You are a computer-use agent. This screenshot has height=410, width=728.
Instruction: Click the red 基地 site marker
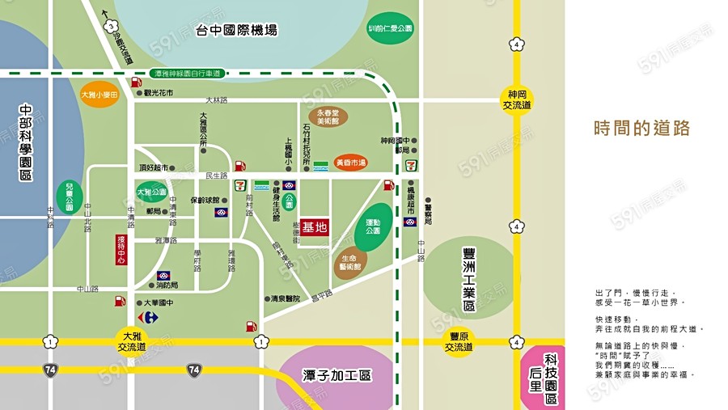tap(315, 228)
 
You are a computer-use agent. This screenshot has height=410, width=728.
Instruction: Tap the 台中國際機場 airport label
tap(236, 31)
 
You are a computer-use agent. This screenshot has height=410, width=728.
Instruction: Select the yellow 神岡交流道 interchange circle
tap(516, 99)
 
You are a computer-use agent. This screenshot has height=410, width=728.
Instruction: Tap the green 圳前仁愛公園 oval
tap(390, 28)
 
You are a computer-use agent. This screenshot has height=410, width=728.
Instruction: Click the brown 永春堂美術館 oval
tap(328, 116)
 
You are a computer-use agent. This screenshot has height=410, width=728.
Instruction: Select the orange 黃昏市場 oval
tap(350, 163)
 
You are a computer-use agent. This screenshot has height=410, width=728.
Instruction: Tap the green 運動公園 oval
tap(373, 225)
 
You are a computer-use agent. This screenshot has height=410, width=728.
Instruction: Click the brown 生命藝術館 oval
tap(350, 262)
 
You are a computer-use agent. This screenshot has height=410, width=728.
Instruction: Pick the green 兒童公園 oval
tap(70, 197)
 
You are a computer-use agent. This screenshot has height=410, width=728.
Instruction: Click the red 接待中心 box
tap(121, 249)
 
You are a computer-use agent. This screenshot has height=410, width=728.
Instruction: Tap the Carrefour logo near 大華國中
tap(147, 317)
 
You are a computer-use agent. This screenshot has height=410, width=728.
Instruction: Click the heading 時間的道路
tap(641, 129)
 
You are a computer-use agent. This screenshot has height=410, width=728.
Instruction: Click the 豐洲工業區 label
tap(469, 279)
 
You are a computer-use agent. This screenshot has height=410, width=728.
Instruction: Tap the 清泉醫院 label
tap(285, 298)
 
